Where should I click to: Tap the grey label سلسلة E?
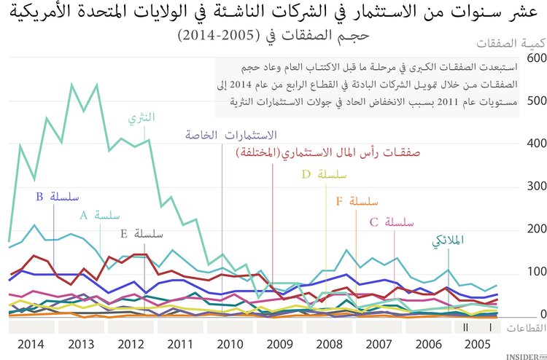[x=142, y=233]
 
